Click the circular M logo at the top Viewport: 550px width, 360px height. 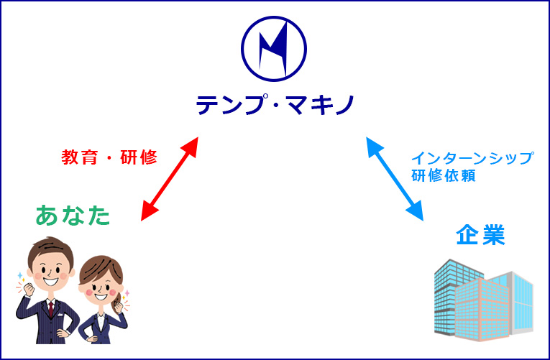274,49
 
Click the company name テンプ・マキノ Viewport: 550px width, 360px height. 275,105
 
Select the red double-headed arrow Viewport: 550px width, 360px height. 170,179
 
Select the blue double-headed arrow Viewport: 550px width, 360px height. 395,179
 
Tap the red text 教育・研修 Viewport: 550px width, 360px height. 109,157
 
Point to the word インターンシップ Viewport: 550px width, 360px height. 473,158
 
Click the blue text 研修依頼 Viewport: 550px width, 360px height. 444,175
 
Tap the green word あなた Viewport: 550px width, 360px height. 73,216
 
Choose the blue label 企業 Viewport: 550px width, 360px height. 480,234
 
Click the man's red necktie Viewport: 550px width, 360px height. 51,309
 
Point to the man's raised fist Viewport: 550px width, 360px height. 28,290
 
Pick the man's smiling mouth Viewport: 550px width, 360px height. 51,280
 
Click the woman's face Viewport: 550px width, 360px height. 99,288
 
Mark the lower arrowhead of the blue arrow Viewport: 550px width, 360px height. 415,211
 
